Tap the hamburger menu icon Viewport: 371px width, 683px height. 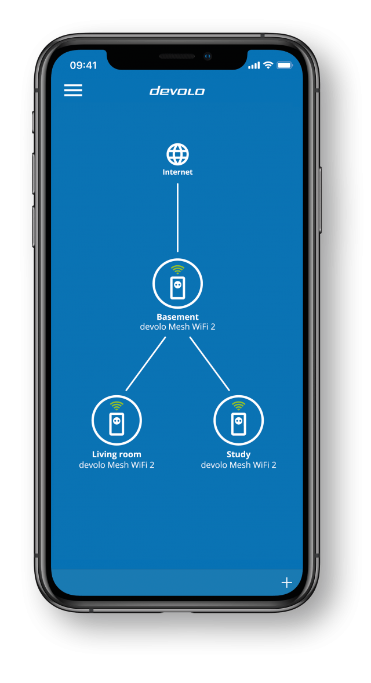(73, 90)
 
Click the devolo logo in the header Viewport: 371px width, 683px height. (177, 91)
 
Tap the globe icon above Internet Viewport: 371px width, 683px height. (177, 154)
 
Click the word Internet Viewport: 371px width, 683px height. (177, 172)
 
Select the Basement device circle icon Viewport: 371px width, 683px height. (177, 284)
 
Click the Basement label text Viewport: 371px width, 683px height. (177, 317)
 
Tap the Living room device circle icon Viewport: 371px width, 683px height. (117, 421)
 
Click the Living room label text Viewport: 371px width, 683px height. (117, 454)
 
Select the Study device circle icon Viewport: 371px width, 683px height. (238, 421)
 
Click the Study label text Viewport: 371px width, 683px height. (238, 454)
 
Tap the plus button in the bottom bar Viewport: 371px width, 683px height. (286, 583)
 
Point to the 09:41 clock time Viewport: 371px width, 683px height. (83, 66)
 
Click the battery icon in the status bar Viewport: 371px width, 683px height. (285, 66)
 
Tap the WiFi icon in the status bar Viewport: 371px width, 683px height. (268, 66)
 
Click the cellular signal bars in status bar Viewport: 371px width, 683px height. (254, 66)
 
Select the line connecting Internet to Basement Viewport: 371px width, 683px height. (177, 218)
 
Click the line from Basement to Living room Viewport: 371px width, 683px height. (146, 364)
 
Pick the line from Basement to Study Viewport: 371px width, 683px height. (209, 364)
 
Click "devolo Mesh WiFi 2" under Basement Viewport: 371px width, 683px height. (177, 327)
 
